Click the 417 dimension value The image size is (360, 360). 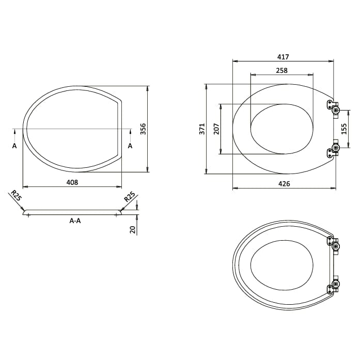[x=283, y=57]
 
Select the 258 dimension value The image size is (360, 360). [x=281, y=70]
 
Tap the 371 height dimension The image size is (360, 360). [x=202, y=129]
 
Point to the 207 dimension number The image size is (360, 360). [x=216, y=129]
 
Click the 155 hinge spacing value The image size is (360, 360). [x=345, y=129]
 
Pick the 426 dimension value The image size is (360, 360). [x=284, y=184]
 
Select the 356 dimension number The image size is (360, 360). [x=143, y=129]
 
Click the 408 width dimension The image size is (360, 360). [x=72, y=182]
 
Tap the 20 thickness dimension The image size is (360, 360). [x=133, y=229]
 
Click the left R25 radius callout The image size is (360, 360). [x=15, y=197]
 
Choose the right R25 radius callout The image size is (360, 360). [x=129, y=197]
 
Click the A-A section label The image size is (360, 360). [x=75, y=221]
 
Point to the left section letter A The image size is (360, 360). [x=14, y=146]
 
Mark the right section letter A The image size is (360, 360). [x=130, y=146]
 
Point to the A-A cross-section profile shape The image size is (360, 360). [x=72, y=212]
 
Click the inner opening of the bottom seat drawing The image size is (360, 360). [x=282, y=264]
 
